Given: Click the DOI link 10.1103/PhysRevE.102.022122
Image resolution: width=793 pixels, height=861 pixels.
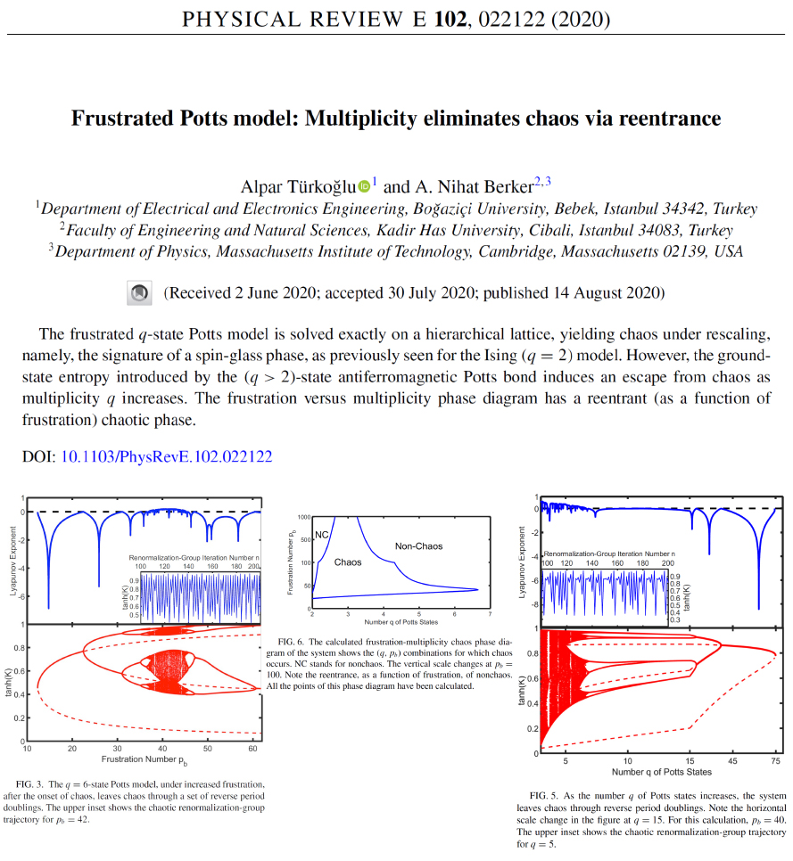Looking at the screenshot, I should click(x=166, y=456).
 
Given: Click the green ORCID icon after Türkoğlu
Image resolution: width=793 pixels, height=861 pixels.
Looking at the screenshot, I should click(x=364, y=186).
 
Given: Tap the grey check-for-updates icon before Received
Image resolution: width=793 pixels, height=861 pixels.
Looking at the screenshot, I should click(x=138, y=292).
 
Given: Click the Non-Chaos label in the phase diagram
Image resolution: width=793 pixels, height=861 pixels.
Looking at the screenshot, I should click(x=418, y=545).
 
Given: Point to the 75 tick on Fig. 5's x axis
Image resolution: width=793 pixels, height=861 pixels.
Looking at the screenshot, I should click(x=775, y=760).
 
